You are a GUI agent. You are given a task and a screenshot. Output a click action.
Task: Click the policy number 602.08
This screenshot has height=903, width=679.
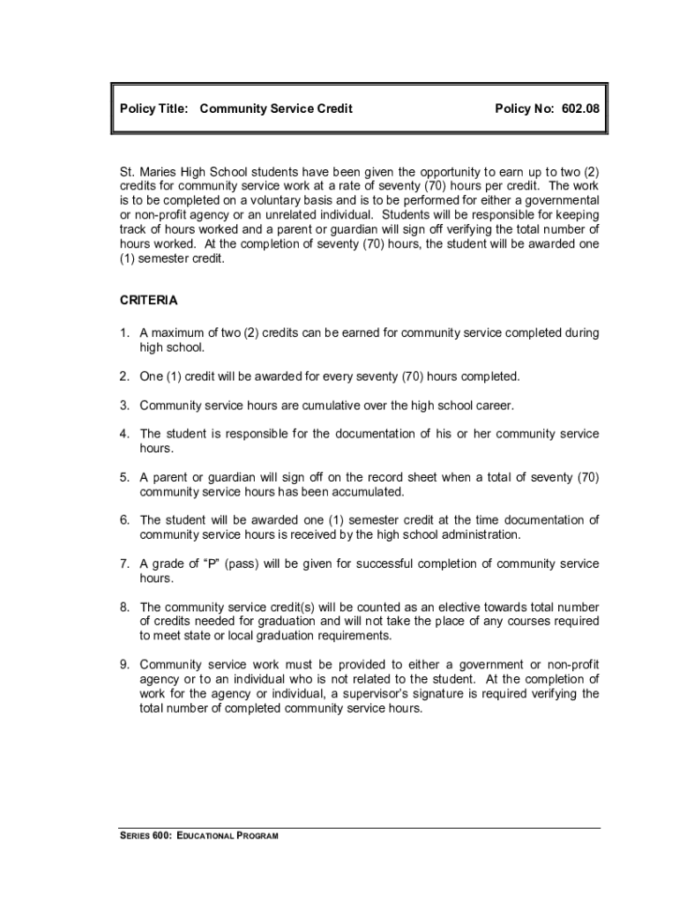click(578, 108)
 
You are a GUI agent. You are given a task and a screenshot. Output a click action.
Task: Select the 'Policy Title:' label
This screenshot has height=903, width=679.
click(153, 108)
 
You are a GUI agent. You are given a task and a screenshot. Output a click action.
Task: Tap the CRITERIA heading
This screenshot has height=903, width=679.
click(148, 301)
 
